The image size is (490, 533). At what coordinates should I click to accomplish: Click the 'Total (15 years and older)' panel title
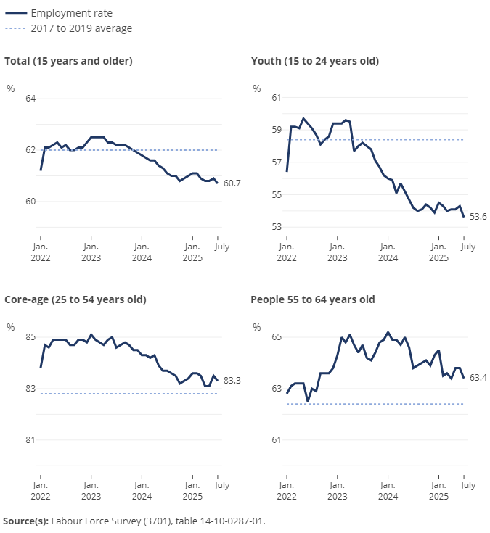tap(68, 61)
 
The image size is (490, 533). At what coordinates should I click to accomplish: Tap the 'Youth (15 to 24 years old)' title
tap(314, 61)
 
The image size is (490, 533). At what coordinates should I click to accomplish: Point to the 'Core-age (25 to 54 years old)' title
tap(75, 299)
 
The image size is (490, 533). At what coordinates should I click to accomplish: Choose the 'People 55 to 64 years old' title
tap(312, 299)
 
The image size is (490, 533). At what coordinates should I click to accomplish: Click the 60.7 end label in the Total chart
tap(232, 183)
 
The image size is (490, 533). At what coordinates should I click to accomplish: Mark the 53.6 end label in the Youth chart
tap(478, 217)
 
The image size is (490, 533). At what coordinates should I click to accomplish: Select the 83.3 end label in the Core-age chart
tap(232, 380)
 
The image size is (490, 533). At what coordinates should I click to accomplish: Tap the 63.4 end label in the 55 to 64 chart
tap(478, 377)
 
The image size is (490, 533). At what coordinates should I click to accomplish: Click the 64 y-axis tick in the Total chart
tap(30, 99)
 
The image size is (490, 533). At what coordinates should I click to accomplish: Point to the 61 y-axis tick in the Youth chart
tap(277, 97)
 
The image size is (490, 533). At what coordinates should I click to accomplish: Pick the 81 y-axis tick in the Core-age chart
tap(30, 440)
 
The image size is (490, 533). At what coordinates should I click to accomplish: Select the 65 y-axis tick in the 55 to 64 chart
tap(277, 337)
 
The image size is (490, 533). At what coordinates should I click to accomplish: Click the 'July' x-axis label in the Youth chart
tap(468, 247)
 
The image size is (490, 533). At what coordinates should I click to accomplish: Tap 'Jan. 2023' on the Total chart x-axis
tap(91, 252)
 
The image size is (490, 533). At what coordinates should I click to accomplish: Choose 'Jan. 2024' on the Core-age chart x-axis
tap(142, 490)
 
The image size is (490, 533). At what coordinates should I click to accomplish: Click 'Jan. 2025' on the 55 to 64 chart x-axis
tap(438, 490)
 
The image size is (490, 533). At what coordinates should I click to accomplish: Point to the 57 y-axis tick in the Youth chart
tap(277, 162)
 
